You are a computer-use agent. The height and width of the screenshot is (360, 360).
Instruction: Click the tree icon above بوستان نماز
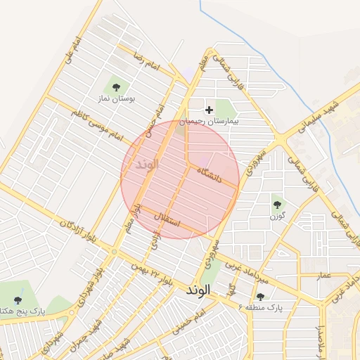tap(116, 87)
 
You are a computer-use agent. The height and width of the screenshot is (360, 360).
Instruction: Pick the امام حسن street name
tap(161, 120)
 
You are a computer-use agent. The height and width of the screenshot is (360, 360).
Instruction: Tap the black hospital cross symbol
tap(209, 110)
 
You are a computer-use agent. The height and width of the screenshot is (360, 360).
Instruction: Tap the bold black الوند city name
tap(200, 290)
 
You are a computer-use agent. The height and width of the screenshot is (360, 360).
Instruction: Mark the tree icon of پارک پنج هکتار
tap(18, 300)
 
